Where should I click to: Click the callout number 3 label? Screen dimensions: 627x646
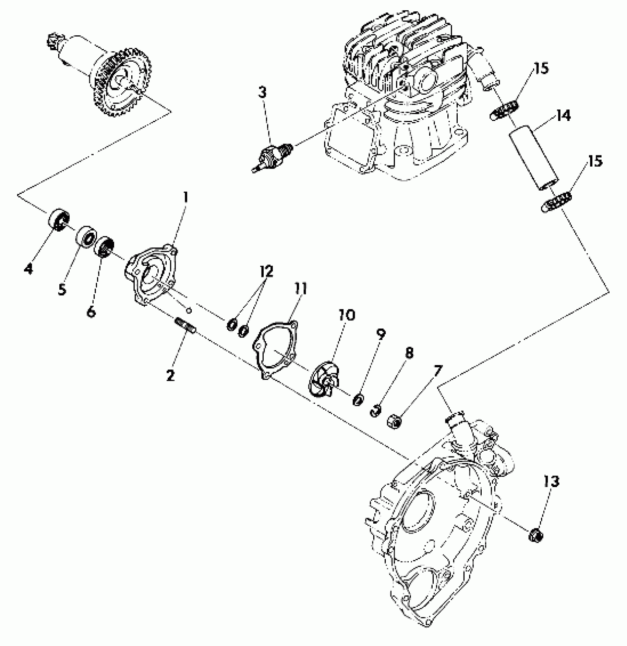[x=262, y=93]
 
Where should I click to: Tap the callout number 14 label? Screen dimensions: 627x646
[x=563, y=116]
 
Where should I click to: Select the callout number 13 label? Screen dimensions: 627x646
[x=551, y=481]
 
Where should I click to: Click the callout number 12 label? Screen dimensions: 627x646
[x=266, y=271]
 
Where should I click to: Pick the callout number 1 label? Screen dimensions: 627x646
[x=186, y=197]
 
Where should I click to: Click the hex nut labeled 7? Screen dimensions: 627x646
[x=394, y=420]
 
